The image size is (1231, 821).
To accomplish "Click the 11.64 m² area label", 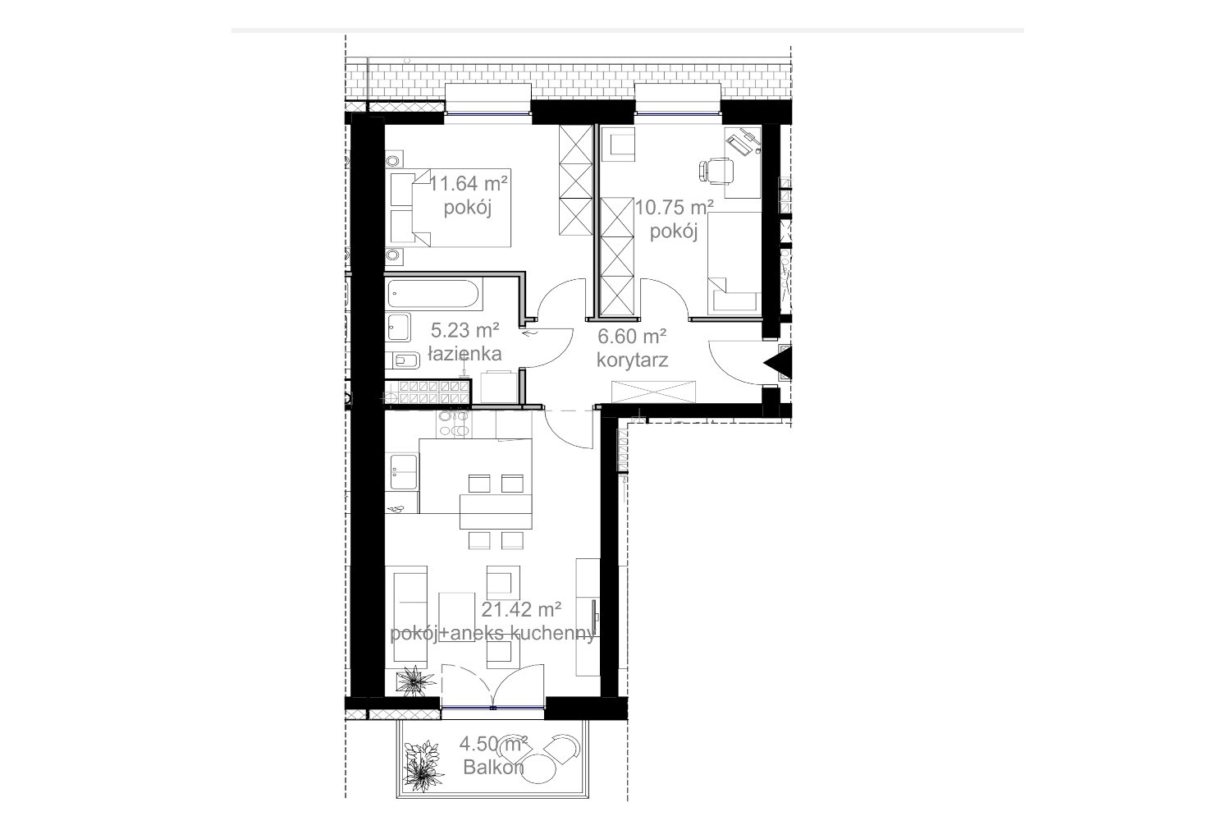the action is coord(469,182).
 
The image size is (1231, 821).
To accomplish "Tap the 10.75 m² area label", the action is coord(674,208).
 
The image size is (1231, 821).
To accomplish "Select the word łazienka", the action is coord(465,354).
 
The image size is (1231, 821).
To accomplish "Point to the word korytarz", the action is coord(632,360).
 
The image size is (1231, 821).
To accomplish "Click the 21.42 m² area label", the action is coord(521,609).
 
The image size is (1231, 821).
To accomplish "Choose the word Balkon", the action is coord(493,767).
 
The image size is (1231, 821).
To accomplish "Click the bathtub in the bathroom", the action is coord(435,294).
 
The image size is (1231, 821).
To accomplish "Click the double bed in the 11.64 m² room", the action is coord(450,208).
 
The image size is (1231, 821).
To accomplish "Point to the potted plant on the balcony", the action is coord(423,766).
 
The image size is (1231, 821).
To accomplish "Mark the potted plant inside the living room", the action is coord(415,682).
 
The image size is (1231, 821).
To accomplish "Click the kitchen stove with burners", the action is coord(454,424).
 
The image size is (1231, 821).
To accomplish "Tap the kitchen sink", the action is coord(404,471).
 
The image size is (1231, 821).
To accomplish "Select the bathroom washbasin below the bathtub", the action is coord(398,328).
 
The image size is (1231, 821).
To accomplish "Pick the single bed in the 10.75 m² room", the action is coord(734,263).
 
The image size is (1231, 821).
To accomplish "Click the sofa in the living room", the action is coord(410,616).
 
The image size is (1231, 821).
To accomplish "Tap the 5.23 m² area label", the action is coord(465,331).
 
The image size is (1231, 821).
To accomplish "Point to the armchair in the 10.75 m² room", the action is coord(618,144).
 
